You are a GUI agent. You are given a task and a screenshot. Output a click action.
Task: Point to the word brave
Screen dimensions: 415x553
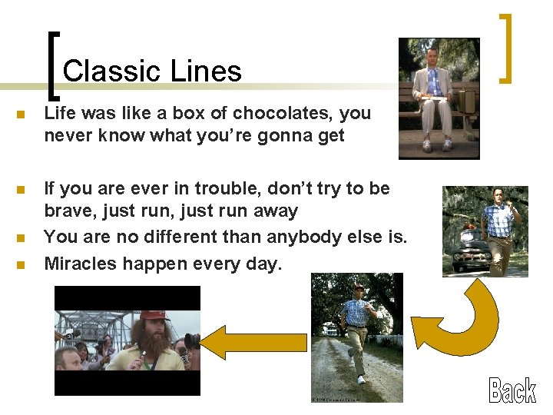(x=68, y=211)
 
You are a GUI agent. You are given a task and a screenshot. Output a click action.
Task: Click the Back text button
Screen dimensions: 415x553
(x=512, y=390)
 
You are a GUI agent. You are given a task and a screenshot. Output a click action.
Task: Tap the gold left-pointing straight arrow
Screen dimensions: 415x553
(x=255, y=343)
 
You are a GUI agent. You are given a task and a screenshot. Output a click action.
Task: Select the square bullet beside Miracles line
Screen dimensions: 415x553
(x=21, y=265)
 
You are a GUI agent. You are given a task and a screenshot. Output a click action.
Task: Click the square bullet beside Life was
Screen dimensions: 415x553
(x=21, y=115)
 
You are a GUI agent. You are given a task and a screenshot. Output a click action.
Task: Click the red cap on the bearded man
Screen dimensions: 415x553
(x=153, y=316)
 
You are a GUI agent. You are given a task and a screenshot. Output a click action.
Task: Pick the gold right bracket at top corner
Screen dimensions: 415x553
(x=505, y=48)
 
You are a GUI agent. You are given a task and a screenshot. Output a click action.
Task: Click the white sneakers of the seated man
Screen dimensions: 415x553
(x=435, y=144)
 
